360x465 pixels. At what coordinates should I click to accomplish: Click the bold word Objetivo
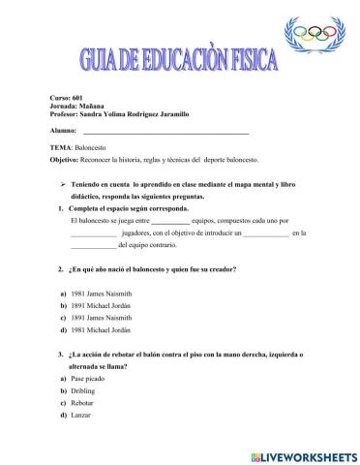point(65,159)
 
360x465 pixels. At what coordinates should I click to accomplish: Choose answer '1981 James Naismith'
point(100,293)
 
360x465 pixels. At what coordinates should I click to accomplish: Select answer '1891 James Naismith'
point(100,317)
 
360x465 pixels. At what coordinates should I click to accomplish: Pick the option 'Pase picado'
point(89,378)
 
